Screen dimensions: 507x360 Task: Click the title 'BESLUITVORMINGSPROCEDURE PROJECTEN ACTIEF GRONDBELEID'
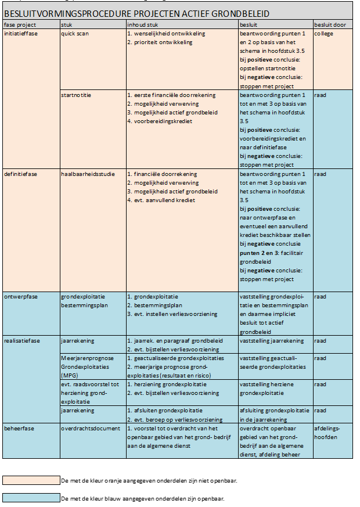(x=136, y=13)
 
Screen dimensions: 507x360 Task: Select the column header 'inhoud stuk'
(x=141, y=26)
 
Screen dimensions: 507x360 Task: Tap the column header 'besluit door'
(x=330, y=26)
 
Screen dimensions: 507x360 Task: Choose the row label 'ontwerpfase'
(x=20, y=296)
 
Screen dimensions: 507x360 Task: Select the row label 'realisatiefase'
(x=21, y=341)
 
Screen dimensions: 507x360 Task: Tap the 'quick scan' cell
(x=75, y=34)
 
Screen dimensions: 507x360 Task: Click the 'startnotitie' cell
(x=76, y=95)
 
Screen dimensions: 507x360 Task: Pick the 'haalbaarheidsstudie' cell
(x=85, y=174)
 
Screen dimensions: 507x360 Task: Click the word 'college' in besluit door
(x=323, y=34)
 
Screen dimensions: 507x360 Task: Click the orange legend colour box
(x=31, y=480)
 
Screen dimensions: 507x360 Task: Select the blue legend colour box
(x=31, y=498)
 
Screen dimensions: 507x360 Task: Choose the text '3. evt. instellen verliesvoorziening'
(x=171, y=314)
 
